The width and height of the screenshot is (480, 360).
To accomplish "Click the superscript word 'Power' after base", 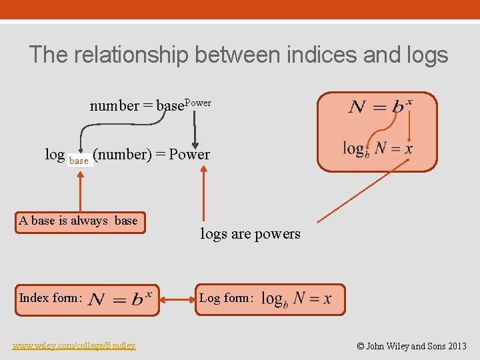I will [x=197, y=103].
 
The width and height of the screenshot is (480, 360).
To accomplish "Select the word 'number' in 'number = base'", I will [x=114, y=105].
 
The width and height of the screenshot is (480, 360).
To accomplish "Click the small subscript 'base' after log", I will [x=79, y=161].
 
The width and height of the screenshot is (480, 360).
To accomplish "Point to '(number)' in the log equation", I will [x=122, y=155].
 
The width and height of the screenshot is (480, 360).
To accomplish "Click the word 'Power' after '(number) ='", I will [x=189, y=155].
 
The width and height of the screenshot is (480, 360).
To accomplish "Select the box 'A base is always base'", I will [x=79, y=221].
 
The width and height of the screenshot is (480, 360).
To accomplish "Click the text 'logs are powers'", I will [x=250, y=234].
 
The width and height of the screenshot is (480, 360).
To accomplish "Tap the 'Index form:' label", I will [x=51, y=298].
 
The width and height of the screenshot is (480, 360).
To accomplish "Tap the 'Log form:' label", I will [x=226, y=298].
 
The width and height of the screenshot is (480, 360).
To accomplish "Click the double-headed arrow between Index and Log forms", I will [x=177, y=301].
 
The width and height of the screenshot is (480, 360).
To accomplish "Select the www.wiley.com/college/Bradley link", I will [x=74, y=345].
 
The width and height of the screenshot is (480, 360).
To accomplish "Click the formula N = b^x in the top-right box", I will [x=380, y=107].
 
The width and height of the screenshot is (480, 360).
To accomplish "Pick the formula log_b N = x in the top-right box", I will [x=377, y=149].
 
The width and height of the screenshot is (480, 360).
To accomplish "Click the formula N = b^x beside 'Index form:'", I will [x=121, y=299].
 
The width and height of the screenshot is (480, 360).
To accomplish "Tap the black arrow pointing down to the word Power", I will [x=195, y=130].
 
